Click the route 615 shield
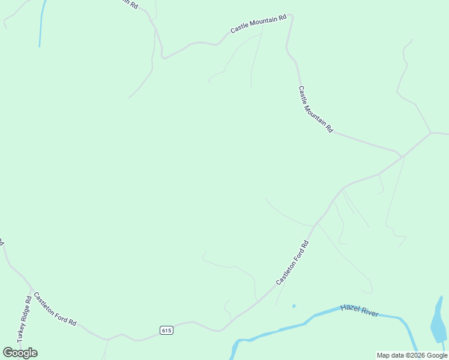coord(167,331)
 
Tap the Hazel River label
coord(360,311)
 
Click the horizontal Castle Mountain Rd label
coord(259,24)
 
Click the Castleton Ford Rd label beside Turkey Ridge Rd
coord(55,308)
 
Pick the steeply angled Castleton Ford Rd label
coord(292,263)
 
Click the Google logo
coord(20,352)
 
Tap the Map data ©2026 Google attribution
coord(412,355)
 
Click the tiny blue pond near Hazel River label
coord(294,306)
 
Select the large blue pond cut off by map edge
coord(439,324)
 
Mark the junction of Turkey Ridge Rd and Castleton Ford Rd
coord(31,287)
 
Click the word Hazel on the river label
coord(350,308)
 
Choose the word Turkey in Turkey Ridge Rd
coord(21,333)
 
